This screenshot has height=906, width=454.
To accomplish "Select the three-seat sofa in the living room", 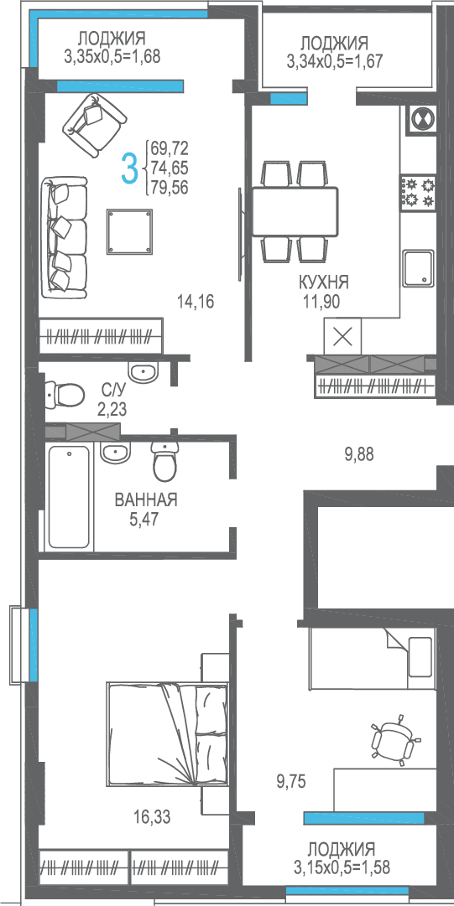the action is (x=64, y=236).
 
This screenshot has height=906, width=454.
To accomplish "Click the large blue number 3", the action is (x=131, y=168).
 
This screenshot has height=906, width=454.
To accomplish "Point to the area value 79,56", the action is (x=170, y=187).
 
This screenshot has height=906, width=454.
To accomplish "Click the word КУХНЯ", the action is (x=324, y=282).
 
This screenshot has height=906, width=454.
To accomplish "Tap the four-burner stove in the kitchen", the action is (x=418, y=193).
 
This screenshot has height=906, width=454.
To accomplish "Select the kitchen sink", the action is (x=419, y=268).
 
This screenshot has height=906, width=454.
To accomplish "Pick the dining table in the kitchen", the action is (x=295, y=211).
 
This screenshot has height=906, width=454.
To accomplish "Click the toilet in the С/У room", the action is (x=64, y=395).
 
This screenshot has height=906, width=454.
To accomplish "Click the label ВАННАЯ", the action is (x=146, y=500).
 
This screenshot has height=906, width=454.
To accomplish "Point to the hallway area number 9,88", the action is (x=359, y=455).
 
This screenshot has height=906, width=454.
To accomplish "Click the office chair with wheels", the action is (x=394, y=739).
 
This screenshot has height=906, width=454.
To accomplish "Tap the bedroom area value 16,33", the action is (x=153, y=817).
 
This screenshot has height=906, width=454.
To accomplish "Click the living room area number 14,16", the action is (x=196, y=301).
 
